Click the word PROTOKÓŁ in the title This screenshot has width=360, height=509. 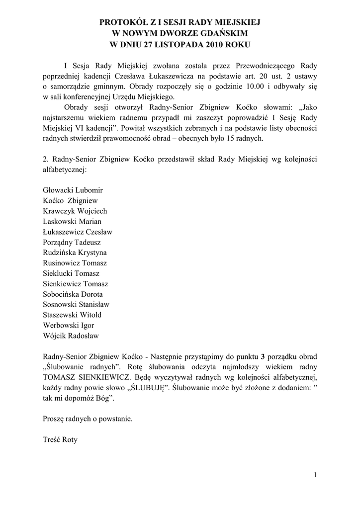pos(124,22)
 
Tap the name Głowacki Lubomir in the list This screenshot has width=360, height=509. pos(73,189)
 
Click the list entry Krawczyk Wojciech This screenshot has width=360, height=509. pos(75,210)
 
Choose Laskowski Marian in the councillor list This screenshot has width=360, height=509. pos(72,221)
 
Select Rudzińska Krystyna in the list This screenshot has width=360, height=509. pos(75,252)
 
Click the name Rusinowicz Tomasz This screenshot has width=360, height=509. pos(75,262)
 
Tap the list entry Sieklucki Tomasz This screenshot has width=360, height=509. pos(72,273)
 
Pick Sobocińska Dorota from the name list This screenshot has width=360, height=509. pos(73,294)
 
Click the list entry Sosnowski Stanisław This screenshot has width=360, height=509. pos(76,304)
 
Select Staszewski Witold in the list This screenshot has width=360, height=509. pos(72,315)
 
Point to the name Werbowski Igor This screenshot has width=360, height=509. pos(69,325)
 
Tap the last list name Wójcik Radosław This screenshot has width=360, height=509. pos(71,336)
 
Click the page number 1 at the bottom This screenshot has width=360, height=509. pos(315,475)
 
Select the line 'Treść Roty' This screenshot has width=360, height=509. pos(60,439)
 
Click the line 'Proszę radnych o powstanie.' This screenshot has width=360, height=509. pos(88,419)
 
